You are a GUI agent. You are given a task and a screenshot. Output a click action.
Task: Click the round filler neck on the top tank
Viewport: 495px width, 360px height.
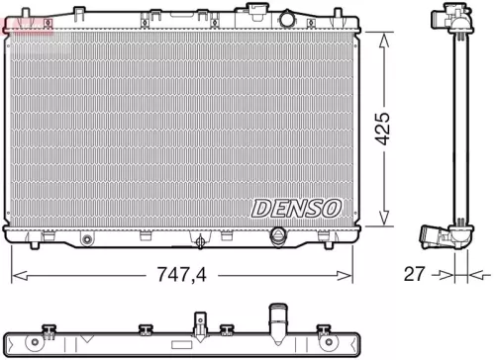tap(286, 19)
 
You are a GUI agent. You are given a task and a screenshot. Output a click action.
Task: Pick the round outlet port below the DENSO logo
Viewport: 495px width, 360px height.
tap(279, 237)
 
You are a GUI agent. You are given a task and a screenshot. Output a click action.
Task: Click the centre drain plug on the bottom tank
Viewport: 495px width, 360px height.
tap(202, 238)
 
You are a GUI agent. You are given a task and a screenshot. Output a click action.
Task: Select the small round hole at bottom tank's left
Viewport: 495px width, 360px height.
tap(86, 238)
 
